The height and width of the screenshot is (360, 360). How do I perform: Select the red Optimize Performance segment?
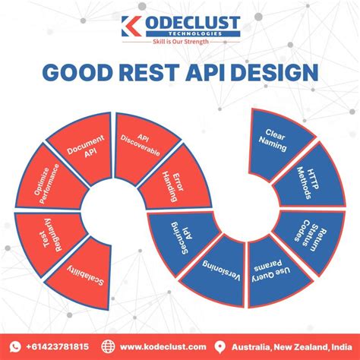(43, 185)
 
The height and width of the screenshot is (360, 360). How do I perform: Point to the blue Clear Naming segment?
(278, 137)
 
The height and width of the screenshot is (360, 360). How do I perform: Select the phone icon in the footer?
(17, 346)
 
